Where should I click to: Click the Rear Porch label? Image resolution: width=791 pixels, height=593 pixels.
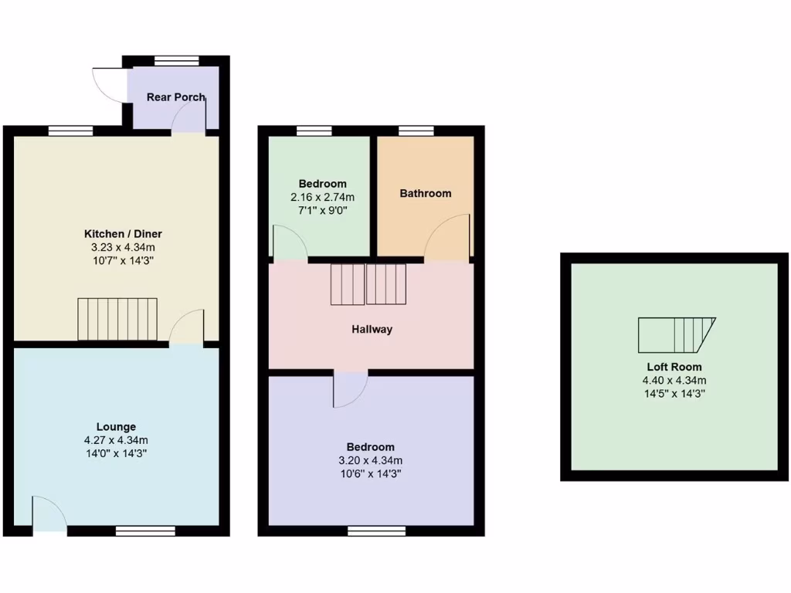point(176,97)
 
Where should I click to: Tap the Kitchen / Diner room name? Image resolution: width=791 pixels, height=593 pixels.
point(124,234)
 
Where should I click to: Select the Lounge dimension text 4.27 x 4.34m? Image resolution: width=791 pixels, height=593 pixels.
point(116,440)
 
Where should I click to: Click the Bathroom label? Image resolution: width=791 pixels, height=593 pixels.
point(425,193)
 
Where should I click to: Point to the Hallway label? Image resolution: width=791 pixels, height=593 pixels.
point(372,330)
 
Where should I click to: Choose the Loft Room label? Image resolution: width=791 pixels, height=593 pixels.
point(674,367)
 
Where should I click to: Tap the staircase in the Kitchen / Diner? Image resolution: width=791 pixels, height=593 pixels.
point(117,319)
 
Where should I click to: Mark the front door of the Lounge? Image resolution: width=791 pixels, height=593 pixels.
point(49,515)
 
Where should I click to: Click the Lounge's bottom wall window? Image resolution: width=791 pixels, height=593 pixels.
point(145,530)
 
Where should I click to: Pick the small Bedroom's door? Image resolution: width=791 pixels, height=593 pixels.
point(290,243)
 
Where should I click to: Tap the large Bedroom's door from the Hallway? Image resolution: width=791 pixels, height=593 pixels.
point(349,389)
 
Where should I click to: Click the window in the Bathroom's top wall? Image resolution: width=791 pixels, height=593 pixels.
point(416,130)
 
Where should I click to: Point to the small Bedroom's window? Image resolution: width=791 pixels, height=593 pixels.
point(313,130)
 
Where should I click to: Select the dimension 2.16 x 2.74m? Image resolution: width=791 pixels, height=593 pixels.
point(323,198)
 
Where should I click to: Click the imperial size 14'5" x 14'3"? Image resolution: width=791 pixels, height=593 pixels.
point(674,393)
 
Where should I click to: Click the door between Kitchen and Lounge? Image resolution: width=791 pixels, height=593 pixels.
point(187,327)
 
